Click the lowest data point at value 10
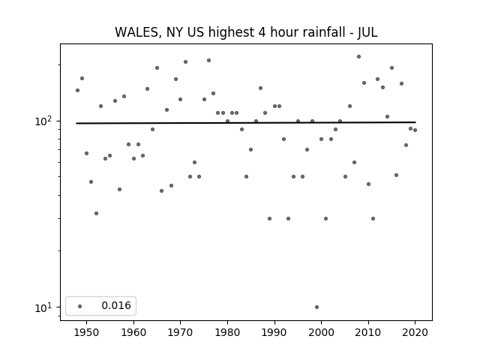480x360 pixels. [316, 307]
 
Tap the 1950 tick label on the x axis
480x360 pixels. [86, 331]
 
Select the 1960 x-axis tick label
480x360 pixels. [133, 331]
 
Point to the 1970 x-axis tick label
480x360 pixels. [181, 331]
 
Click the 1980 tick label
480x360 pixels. [227, 331]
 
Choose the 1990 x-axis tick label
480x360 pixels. [274, 331]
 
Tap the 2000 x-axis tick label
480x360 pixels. [321, 331]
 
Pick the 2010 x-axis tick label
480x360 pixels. [368, 331]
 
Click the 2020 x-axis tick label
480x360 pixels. [415, 331]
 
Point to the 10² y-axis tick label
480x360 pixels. [45, 121]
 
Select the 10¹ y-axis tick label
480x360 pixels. [45, 307]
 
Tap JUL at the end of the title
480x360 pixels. [367, 32]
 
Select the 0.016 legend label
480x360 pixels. [115, 305]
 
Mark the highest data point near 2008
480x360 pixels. [358, 56]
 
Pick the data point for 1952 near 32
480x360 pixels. [96, 213]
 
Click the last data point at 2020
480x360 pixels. [415, 130]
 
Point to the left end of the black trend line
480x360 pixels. [77, 123]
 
